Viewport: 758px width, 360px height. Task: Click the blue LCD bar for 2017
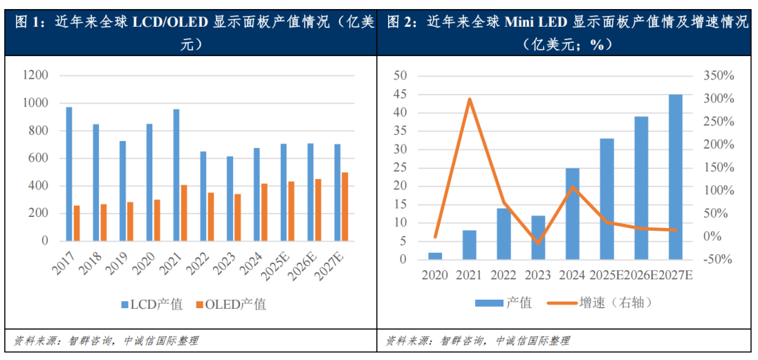(69, 173)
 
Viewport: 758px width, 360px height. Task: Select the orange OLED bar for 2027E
(345, 206)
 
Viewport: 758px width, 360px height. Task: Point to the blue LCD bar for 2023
(230, 198)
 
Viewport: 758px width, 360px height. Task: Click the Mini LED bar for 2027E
(674, 177)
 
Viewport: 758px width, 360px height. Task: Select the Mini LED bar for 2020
(435, 255)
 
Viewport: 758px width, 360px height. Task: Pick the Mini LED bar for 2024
(573, 213)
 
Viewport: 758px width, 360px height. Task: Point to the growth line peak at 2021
(470, 99)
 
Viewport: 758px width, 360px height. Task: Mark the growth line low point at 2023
(538, 243)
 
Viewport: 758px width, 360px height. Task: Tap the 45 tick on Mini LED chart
(399, 94)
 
